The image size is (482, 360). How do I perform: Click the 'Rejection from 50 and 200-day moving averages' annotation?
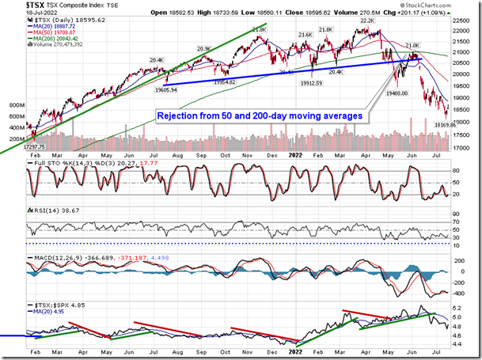coord(260,116)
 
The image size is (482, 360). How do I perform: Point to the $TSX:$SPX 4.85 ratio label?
coord(51,303)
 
